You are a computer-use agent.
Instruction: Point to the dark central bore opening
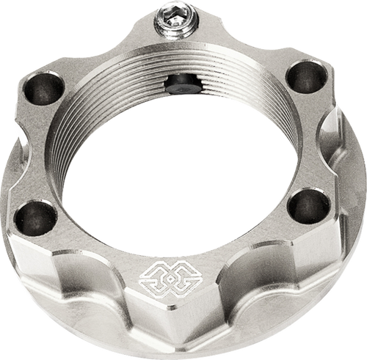176,169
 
